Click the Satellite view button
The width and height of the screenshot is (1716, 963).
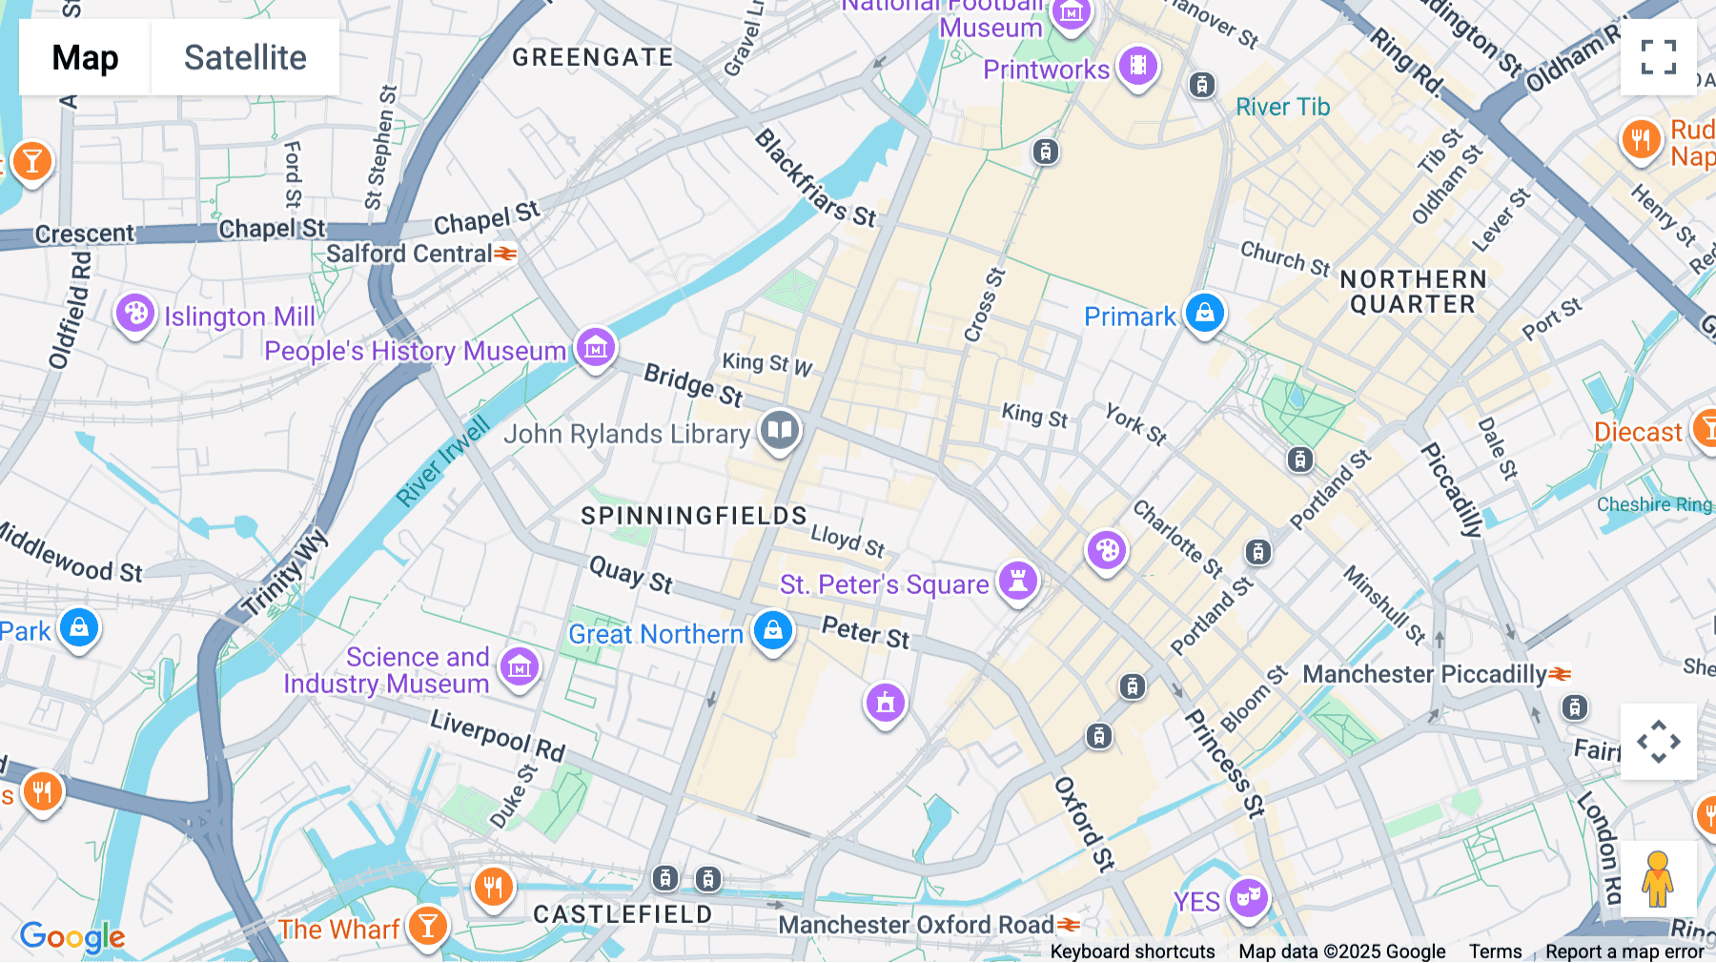tap(245, 57)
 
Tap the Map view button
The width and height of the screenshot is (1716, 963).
tap(85, 57)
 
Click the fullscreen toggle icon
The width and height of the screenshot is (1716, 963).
tap(1658, 57)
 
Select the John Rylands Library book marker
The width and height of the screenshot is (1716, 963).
tap(780, 430)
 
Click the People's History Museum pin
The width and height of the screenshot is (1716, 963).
tap(596, 347)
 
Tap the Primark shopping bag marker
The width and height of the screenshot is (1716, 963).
tap(1204, 313)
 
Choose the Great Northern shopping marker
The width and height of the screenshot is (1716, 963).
tap(772, 631)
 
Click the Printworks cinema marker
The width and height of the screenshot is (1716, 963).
tap(1137, 66)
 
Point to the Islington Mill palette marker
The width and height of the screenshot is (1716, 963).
tap(135, 313)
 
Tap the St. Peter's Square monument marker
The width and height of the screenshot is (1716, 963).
tap(1017, 580)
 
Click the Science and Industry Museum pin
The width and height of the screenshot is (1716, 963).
tap(520, 666)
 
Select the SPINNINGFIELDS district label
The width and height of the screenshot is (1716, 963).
tap(694, 516)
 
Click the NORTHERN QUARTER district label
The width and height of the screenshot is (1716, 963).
tap(1413, 292)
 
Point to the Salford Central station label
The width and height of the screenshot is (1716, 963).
tap(410, 254)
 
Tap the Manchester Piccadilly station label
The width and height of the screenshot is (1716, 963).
tap(1424, 674)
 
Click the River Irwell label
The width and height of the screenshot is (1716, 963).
tap(442, 461)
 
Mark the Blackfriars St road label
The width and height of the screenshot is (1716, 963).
tap(815, 178)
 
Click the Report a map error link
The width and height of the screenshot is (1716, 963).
tap(1624, 951)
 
